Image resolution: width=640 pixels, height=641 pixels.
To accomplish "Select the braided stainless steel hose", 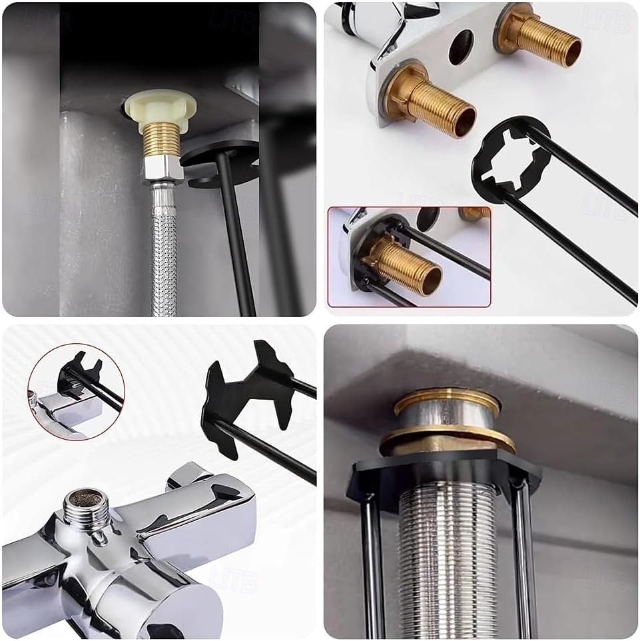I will click(x=164, y=253).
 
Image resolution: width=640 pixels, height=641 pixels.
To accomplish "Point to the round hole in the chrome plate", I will click(x=461, y=47).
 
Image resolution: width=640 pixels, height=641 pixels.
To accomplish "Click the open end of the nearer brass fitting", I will click(x=464, y=122).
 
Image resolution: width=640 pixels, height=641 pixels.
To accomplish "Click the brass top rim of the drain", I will click(x=446, y=400).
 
